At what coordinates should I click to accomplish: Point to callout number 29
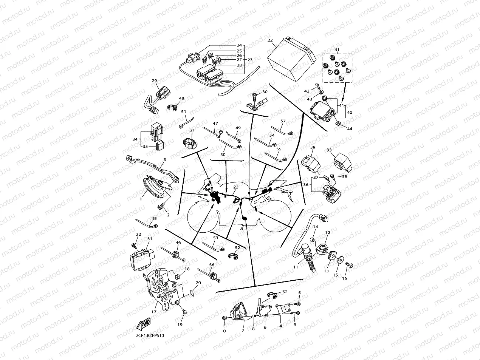(x=154, y=80)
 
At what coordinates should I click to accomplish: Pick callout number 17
(x=154, y=312)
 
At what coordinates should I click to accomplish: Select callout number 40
(x=349, y=112)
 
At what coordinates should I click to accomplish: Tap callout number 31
(x=149, y=239)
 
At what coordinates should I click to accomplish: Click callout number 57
(x=283, y=121)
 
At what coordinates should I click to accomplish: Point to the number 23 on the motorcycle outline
(x=236, y=187)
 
